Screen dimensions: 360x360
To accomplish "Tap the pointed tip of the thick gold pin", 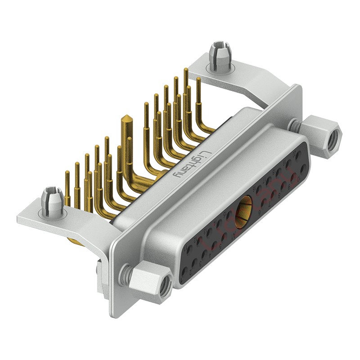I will [126, 118].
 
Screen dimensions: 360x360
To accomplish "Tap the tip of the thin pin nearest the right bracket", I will [199, 79].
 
